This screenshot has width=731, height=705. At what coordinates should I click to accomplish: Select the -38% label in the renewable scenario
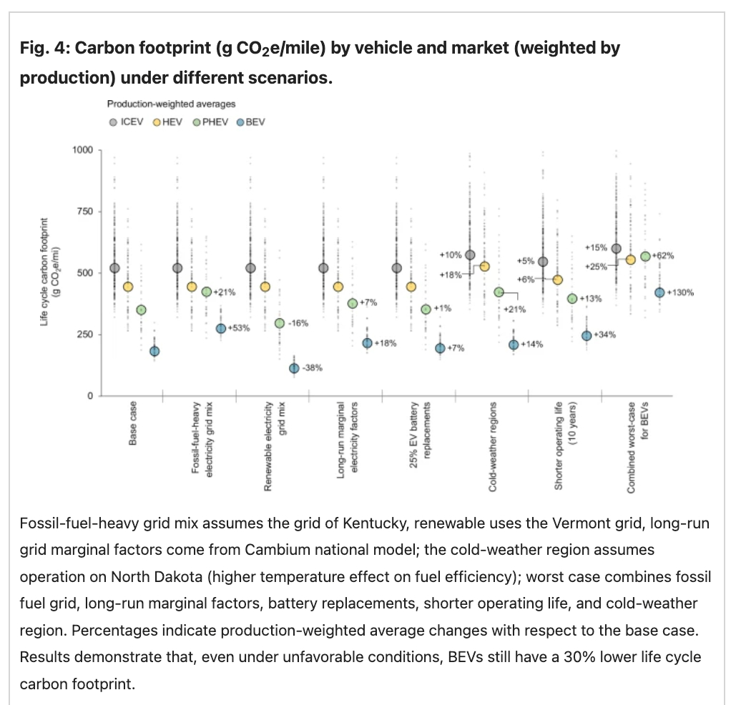[x=313, y=368]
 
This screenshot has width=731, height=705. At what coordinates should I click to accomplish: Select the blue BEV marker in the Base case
[x=154, y=351]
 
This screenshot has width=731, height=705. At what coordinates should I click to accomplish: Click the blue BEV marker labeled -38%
[x=294, y=368]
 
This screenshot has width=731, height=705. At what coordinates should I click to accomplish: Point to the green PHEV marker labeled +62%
[x=645, y=256]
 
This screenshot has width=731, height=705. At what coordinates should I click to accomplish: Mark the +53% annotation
[x=239, y=328]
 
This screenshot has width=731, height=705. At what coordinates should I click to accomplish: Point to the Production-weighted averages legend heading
[x=171, y=104]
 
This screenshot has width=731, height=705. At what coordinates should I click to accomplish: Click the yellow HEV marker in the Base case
[x=128, y=287]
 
